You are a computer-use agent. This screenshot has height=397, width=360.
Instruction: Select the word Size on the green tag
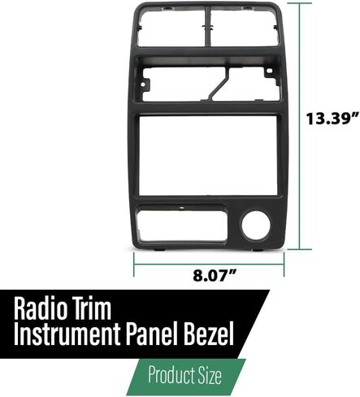tap(210, 375)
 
